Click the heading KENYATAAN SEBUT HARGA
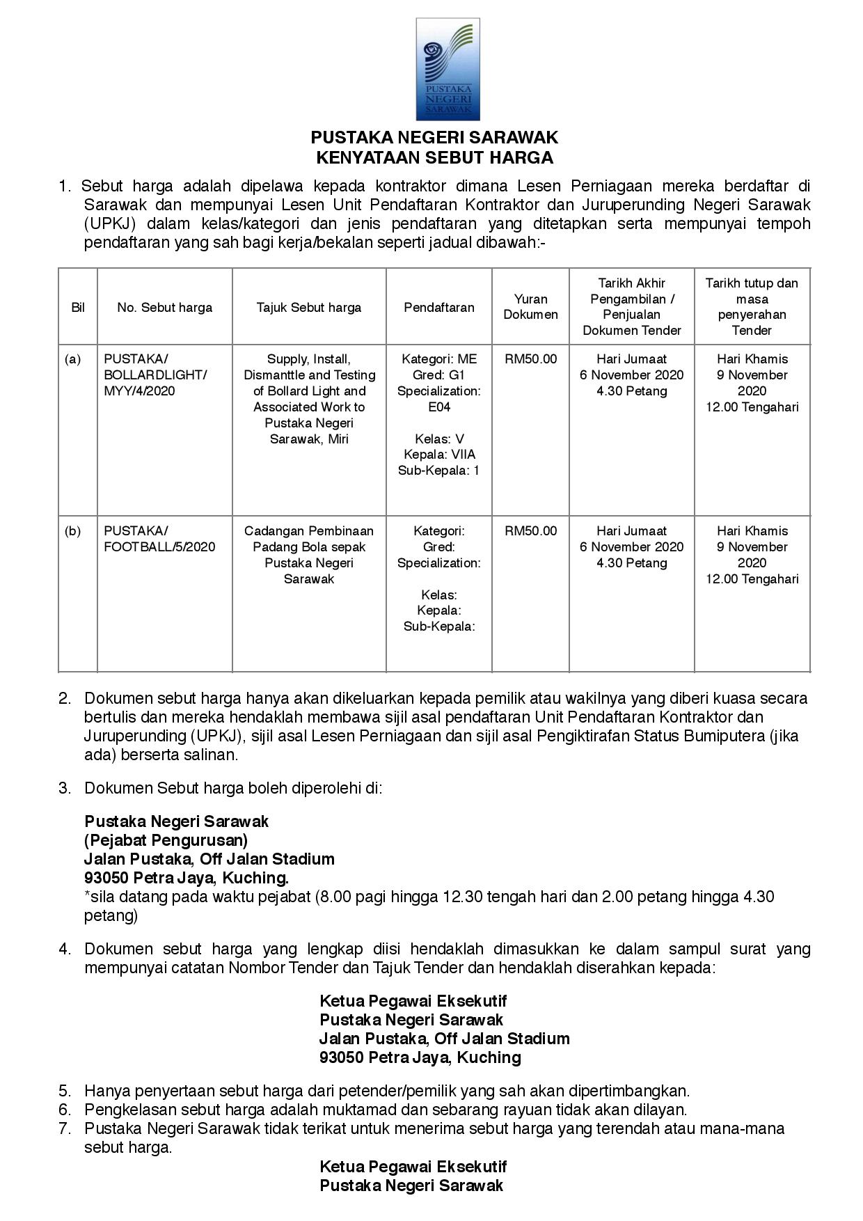pos(434,158)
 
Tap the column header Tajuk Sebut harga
pos(309,307)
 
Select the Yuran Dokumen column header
pos(530,307)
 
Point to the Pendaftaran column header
pos(439,307)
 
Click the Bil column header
pos(78,307)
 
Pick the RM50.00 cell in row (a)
pos(530,359)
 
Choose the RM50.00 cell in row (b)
pos(530,531)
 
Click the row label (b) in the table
pos(72,531)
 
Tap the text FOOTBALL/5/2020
pos(159,547)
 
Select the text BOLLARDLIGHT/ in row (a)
pos(155,375)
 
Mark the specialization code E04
pos(439,407)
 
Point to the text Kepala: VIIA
pos(439,455)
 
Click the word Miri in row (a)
pos(338,439)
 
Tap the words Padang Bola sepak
pos(309,547)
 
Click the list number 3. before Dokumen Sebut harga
pos(65,788)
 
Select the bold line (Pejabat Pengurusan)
pos(166,840)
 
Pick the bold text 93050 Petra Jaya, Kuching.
pos(187,878)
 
